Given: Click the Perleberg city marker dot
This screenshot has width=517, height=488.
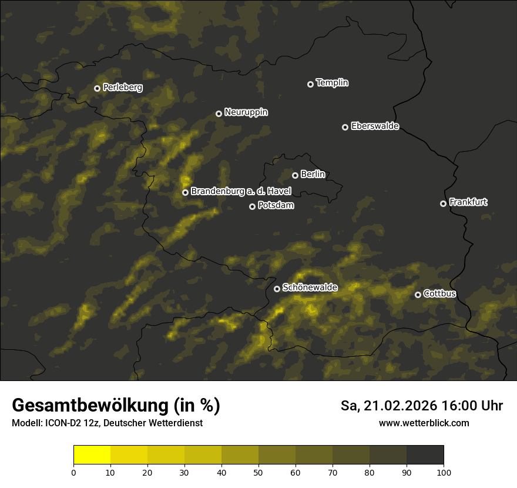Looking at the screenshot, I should pos(97,88).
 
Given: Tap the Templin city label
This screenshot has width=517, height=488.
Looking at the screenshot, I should pos(333,83).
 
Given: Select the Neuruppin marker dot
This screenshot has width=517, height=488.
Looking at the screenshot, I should pos(219,113).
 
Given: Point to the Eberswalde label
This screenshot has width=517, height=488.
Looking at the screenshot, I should pos(375,126).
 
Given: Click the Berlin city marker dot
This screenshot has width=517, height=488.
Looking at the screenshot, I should pos(295,175).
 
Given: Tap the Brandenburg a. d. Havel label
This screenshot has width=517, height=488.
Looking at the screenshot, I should pos(241,191).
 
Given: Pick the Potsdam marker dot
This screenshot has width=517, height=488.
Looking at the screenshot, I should pos(252,206).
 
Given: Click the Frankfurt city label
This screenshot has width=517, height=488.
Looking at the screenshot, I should pos(468,202).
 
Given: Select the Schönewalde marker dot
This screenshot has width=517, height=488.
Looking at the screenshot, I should pos(277,289).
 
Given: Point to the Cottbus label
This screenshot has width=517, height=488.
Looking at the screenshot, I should pos(440,293).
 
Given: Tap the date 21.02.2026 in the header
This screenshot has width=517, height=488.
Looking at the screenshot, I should pos(398,406).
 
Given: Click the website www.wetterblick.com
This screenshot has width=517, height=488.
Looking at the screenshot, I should pos(424,423).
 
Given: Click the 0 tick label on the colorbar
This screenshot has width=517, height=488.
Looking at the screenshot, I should pos(73,472).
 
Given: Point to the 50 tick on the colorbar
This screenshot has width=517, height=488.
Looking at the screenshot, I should pos(258,472).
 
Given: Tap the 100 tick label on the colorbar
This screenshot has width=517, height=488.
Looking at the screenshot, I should pos(444,472).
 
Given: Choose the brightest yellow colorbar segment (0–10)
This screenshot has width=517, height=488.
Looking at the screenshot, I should pos(92,455).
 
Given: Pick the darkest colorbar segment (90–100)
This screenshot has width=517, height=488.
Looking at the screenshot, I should pos(425,455).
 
